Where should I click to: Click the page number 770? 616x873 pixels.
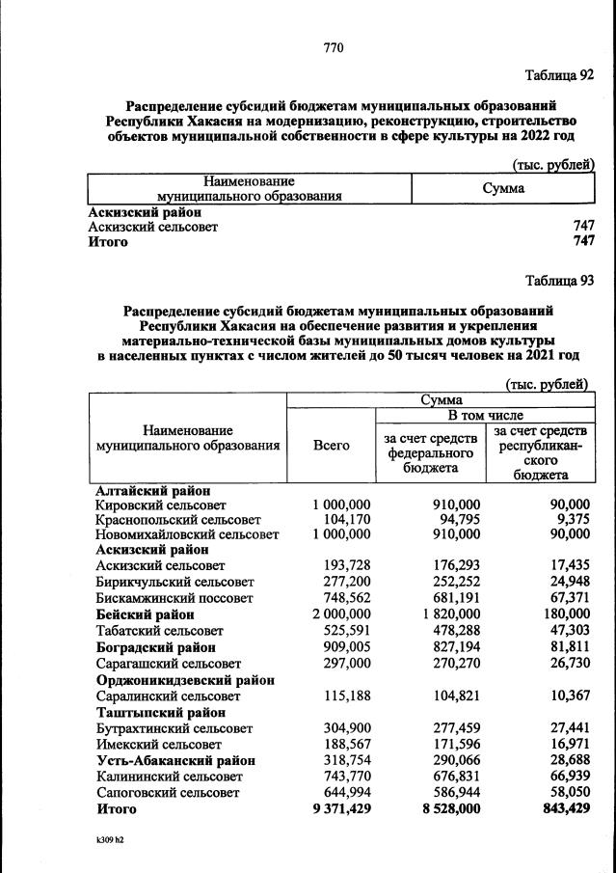click(334, 47)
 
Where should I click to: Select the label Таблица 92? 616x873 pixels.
click(559, 74)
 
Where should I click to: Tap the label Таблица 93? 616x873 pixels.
click(559, 281)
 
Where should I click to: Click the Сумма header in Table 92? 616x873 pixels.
click(503, 188)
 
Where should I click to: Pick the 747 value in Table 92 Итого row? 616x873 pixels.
click(583, 242)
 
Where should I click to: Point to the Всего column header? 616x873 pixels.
click(332, 446)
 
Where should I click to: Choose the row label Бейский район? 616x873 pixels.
click(146, 614)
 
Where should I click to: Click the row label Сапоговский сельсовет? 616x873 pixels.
click(168, 792)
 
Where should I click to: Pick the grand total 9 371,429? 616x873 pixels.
click(342, 808)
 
